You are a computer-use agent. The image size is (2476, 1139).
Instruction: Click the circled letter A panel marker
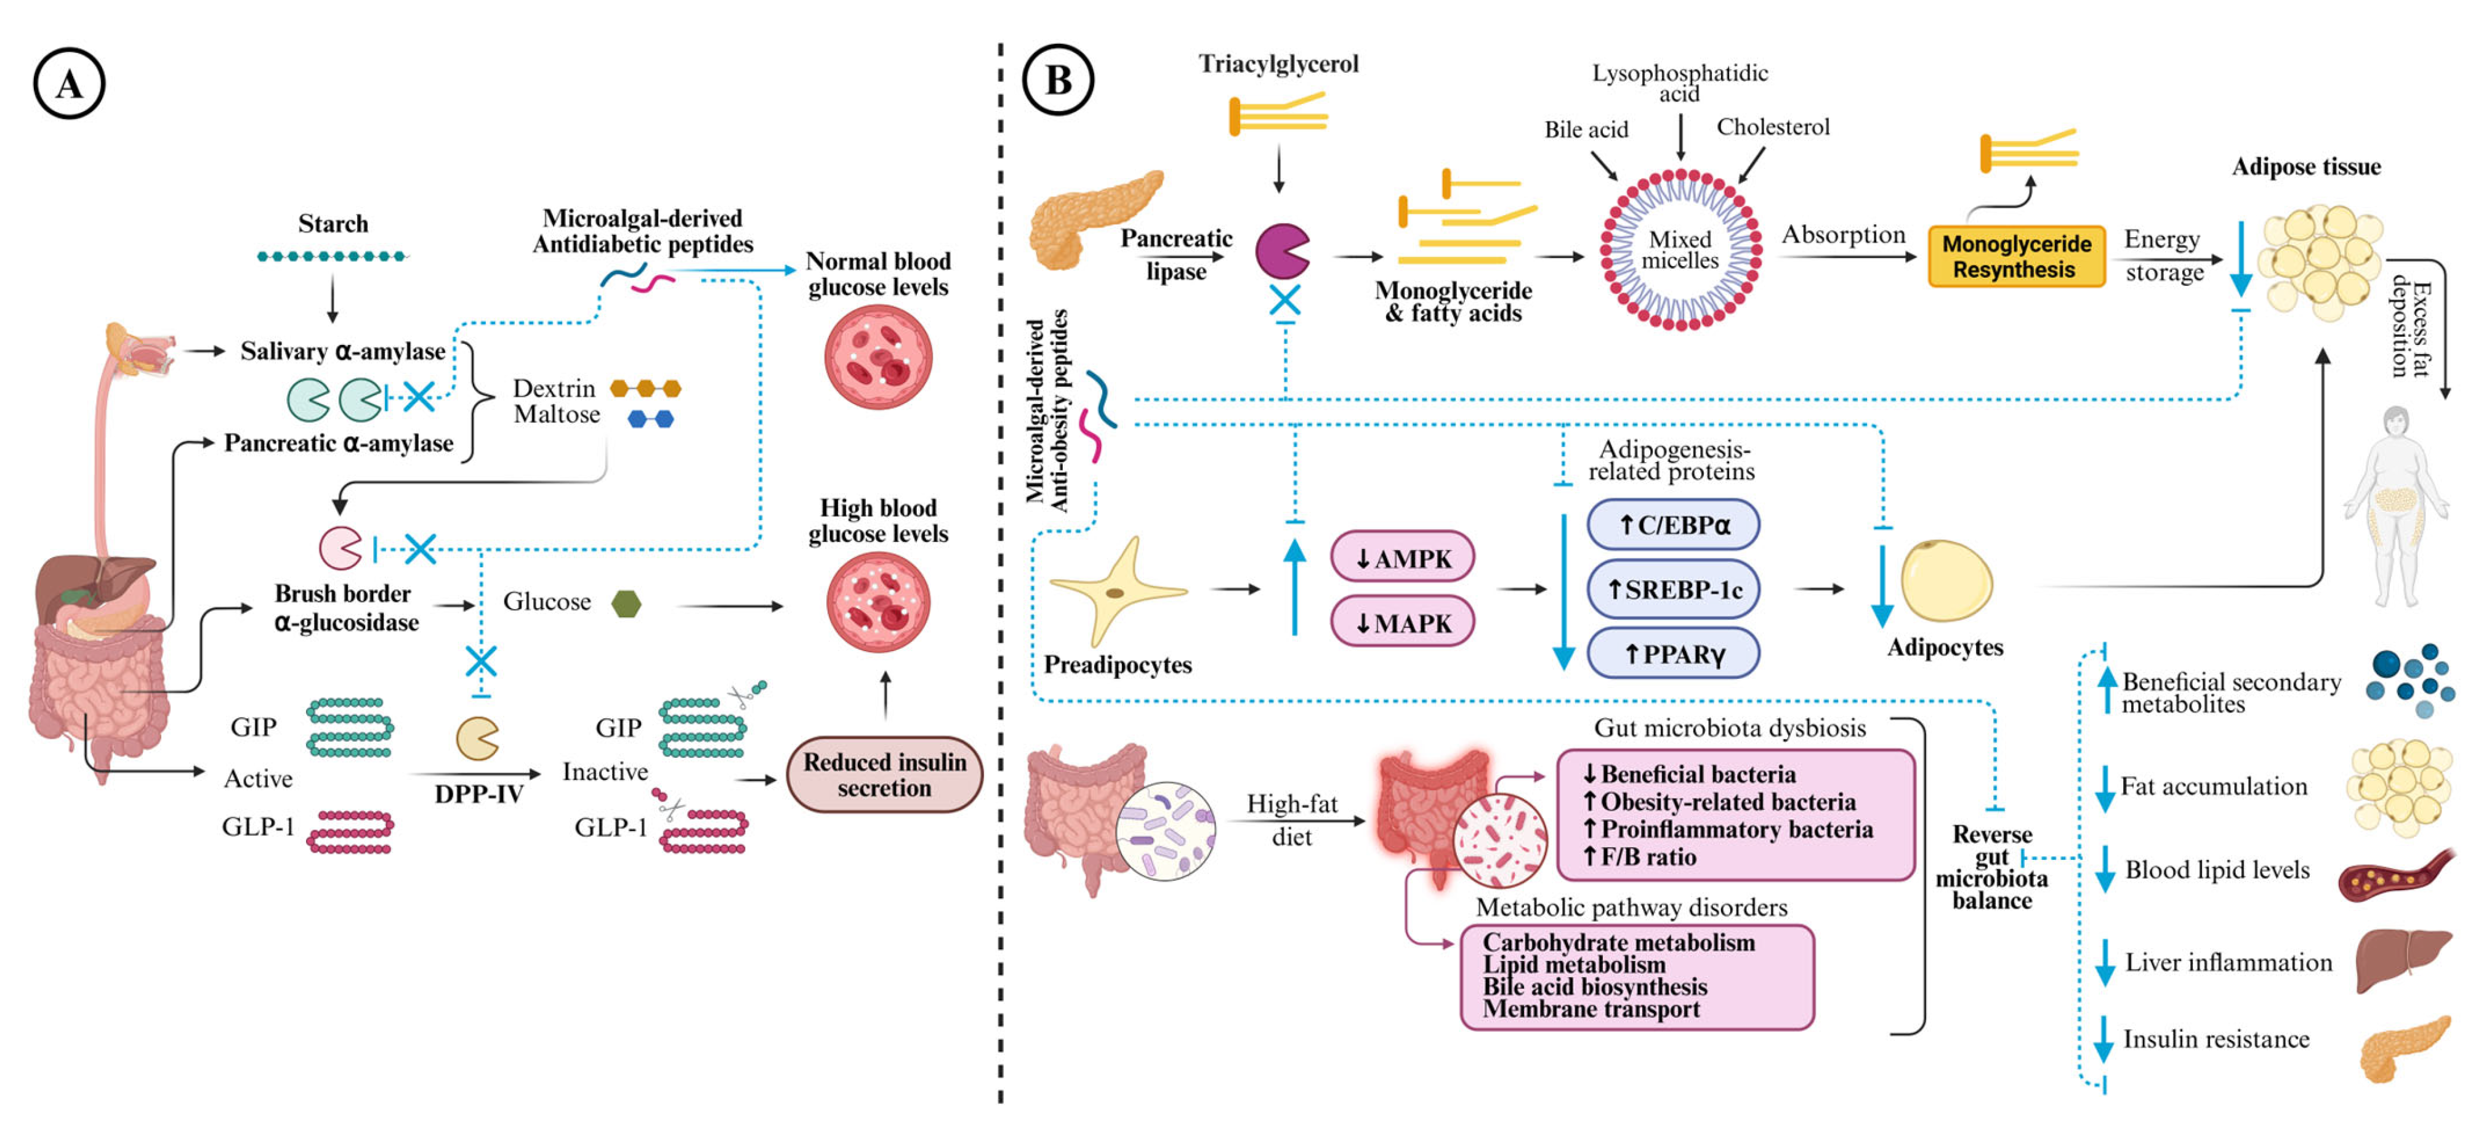68,84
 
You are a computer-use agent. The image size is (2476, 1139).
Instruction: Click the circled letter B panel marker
1057,80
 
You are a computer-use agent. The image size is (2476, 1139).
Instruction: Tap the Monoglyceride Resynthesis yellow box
2015,257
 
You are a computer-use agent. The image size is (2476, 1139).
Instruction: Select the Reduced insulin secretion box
884,775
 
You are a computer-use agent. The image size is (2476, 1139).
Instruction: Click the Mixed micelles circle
1680,250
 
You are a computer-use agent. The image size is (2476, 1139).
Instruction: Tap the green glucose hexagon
627,604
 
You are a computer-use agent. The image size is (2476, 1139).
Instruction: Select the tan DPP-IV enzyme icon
477,738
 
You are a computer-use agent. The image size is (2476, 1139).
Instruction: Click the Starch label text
333,224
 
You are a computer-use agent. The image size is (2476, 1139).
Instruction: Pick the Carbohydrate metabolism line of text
1619,943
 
